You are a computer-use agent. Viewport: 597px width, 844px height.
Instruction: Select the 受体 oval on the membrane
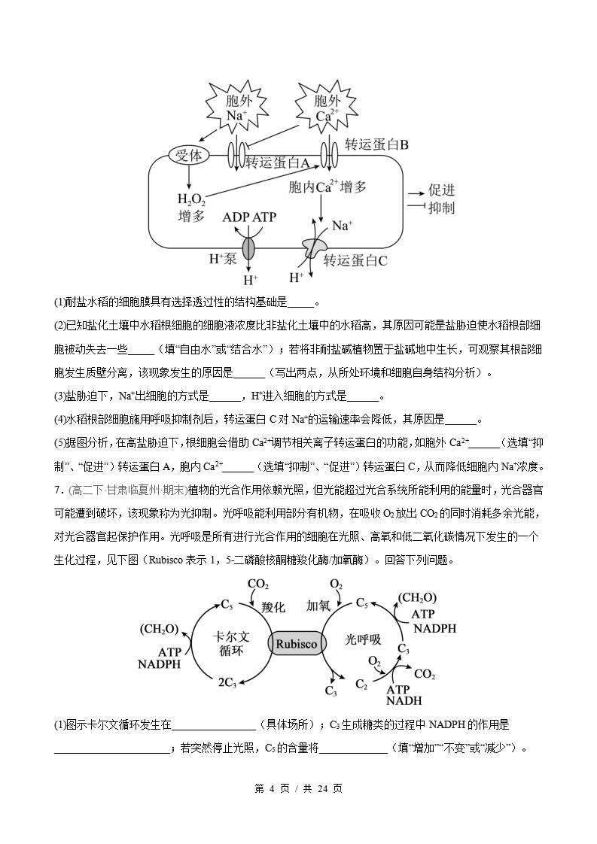[188, 156]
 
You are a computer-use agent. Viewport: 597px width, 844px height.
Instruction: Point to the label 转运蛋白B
[376, 144]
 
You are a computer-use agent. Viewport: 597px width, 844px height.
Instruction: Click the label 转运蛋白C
[355, 260]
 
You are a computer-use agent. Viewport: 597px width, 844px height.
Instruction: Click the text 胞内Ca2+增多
[327, 187]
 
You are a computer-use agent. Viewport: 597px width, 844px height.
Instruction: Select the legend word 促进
[442, 190]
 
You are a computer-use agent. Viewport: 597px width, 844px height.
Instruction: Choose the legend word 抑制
[442, 208]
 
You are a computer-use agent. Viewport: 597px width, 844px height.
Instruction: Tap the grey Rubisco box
[297, 644]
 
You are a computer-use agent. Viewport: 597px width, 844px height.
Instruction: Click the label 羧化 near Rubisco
[273, 607]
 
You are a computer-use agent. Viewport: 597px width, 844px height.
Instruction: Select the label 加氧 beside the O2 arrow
[318, 606]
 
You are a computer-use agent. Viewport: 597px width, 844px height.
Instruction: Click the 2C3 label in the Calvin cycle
[227, 682]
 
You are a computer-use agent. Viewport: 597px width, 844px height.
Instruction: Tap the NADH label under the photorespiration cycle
[404, 701]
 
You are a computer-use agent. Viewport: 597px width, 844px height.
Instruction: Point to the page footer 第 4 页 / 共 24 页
[298, 788]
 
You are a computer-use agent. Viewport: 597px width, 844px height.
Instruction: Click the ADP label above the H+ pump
[236, 217]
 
